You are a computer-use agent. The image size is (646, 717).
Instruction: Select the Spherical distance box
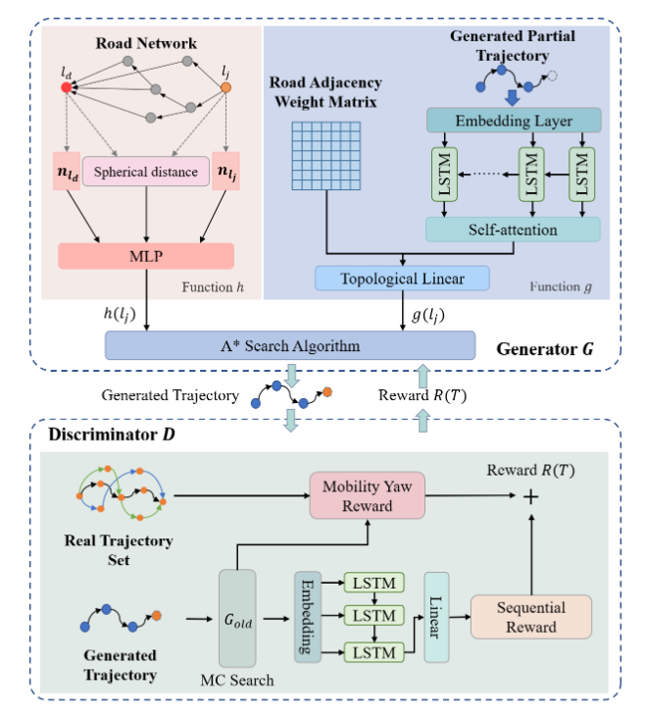[146, 173]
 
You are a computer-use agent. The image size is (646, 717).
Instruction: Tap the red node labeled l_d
[66, 87]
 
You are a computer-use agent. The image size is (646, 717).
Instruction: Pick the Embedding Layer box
[513, 121]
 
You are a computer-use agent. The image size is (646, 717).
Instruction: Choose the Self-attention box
[513, 230]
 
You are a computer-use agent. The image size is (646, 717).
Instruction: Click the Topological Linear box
[403, 279]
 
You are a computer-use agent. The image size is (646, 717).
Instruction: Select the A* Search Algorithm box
[290, 345]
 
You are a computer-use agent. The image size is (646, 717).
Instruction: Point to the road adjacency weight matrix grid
[324, 152]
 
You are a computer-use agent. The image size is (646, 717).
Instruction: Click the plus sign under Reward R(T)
[532, 498]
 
